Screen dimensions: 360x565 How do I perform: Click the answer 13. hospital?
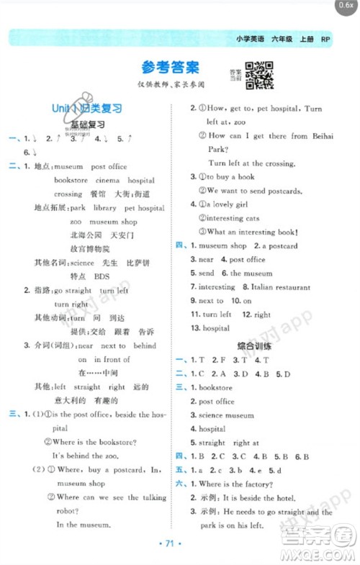click(x=210, y=328)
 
